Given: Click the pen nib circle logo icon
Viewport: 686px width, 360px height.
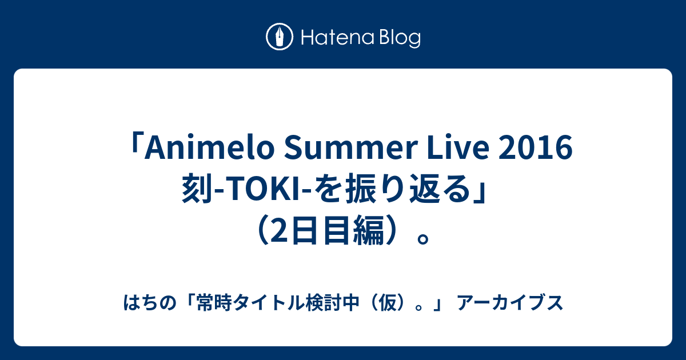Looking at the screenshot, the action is click(280, 37).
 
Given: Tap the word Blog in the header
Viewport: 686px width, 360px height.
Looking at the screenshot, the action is click(400, 38).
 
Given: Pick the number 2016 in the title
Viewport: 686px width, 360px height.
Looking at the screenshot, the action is click(536, 148).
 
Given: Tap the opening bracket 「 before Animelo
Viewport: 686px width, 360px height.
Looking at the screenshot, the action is click(135, 143).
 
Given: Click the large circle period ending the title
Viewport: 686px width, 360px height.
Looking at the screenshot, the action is click(423, 239).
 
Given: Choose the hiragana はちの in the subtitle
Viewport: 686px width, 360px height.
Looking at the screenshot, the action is click(150, 303).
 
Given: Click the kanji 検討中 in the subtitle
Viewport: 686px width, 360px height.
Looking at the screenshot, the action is click(332, 303).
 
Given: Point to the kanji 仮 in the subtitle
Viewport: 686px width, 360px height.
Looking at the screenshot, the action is click(387, 303).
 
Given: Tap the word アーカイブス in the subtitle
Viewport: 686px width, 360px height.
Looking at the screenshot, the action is click(510, 303).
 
